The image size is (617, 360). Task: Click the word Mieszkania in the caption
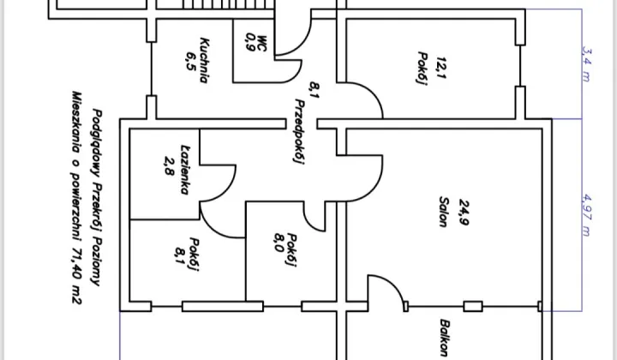click(x=77, y=121)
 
